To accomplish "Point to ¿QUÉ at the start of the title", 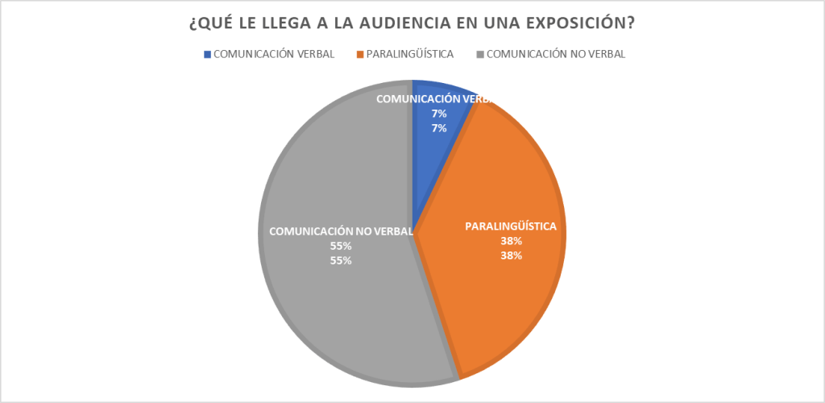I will (x=209, y=23).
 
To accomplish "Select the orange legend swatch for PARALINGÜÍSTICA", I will (x=359, y=54).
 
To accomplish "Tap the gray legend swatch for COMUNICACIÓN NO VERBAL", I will (x=480, y=54).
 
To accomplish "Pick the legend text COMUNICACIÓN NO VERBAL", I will (x=557, y=54).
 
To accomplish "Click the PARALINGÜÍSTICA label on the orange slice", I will (x=511, y=226).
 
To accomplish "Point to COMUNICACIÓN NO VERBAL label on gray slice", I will (x=342, y=231).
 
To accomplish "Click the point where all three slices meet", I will (x=412, y=234).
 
